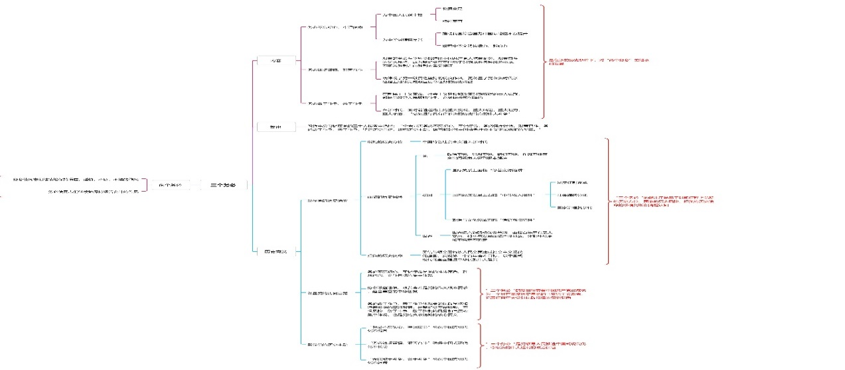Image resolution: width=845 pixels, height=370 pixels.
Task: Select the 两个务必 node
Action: [165, 186]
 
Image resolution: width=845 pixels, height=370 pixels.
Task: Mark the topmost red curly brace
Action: [544, 62]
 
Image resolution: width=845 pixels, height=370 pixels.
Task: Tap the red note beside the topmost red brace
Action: [598, 62]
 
